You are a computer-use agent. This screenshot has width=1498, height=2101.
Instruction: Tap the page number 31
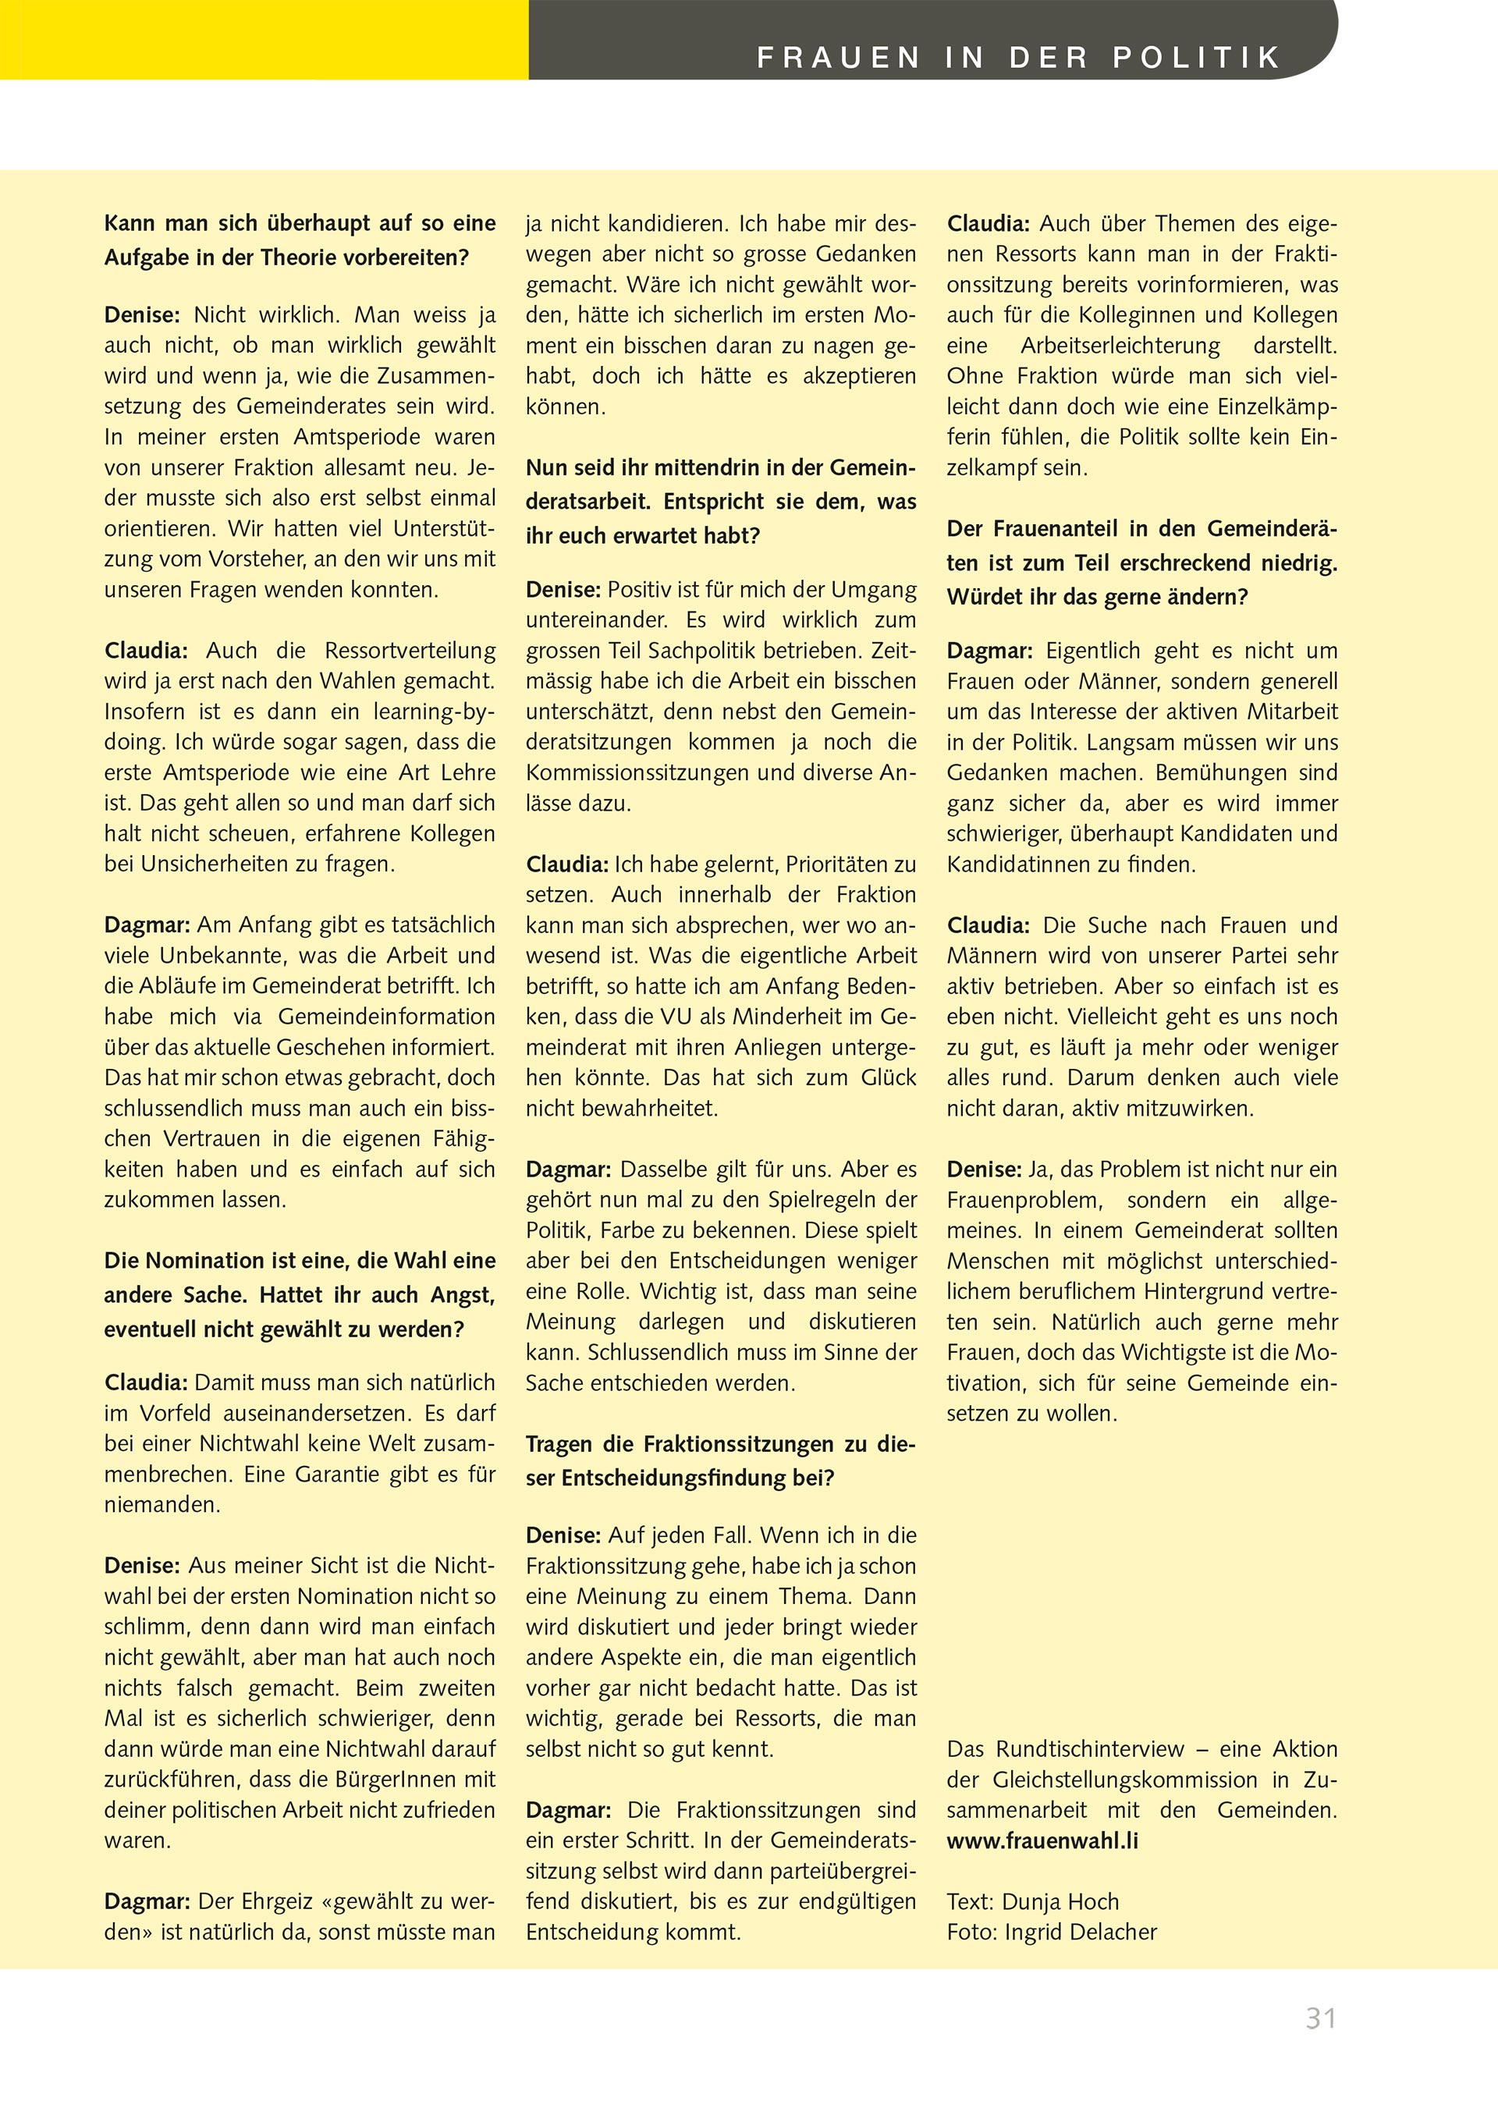pos(1321,2018)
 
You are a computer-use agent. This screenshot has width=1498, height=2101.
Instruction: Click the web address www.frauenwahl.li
pos(1042,1841)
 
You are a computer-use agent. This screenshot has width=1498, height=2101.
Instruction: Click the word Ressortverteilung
pos(410,650)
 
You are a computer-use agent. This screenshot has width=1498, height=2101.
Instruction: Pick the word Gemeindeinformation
pos(386,1017)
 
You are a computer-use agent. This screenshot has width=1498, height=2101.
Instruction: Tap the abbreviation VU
pos(723,1017)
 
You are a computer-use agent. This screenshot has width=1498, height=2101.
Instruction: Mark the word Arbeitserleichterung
pos(1120,346)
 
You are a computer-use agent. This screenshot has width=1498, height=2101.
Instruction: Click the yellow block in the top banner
pos(264,39)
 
